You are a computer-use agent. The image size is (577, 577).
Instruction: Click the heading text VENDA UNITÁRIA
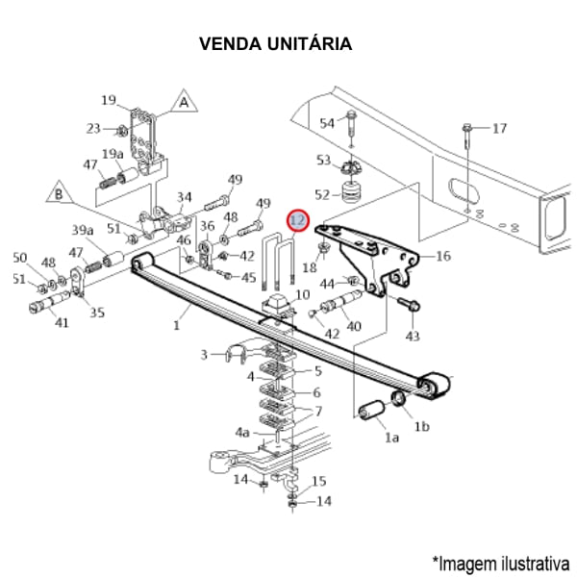[x=275, y=43]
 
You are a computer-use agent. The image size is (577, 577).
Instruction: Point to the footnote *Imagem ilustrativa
[x=500, y=562]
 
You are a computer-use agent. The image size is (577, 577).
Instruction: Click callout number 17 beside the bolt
[x=498, y=128]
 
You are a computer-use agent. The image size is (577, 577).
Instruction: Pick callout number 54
[x=327, y=123]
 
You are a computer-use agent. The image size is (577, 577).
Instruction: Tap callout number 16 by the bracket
[x=442, y=256]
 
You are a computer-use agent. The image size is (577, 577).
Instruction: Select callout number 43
[x=413, y=336]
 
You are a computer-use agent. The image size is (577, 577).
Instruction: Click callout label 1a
[x=391, y=438]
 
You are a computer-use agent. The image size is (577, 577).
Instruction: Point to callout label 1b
[x=421, y=426]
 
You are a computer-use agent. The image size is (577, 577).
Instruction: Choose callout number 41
[x=62, y=323]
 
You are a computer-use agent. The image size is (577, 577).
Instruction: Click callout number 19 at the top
[x=109, y=99]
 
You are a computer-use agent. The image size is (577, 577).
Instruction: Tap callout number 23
[x=93, y=128]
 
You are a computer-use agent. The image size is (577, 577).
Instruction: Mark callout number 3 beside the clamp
[x=204, y=355]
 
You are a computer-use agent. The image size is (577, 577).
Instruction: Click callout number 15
[x=319, y=481]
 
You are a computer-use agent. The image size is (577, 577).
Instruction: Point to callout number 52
[x=322, y=195]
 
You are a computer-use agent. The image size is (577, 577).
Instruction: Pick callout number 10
[x=302, y=294]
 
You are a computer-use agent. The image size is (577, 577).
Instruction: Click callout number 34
[x=184, y=197]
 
